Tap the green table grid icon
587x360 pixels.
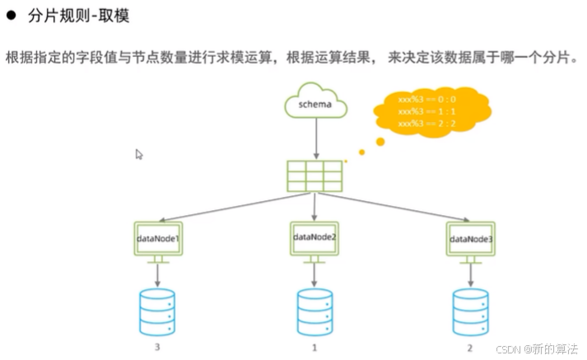point(314,175)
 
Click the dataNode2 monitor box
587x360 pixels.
point(314,237)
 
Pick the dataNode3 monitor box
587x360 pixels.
point(471,238)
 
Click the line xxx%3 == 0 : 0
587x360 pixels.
point(426,99)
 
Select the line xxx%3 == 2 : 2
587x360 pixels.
point(426,123)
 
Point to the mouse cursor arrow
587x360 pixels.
point(139,154)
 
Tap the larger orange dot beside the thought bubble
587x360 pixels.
point(380,141)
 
